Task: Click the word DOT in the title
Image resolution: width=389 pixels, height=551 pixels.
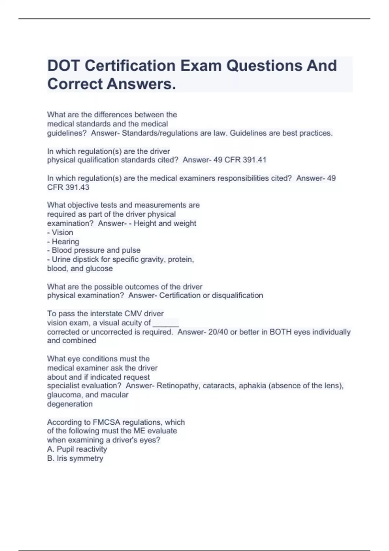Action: [x=63, y=66]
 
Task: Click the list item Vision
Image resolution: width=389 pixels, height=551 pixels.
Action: [x=62, y=232]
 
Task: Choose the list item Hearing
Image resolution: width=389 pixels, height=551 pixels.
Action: [x=65, y=241]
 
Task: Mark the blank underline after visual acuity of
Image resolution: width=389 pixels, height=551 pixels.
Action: [x=166, y=323]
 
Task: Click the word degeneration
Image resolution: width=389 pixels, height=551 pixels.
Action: [x=70, y=404]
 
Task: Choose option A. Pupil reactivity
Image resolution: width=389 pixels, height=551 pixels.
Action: [x=77, y=449]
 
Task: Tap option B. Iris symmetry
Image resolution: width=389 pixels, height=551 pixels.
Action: [x=75, y=458]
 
